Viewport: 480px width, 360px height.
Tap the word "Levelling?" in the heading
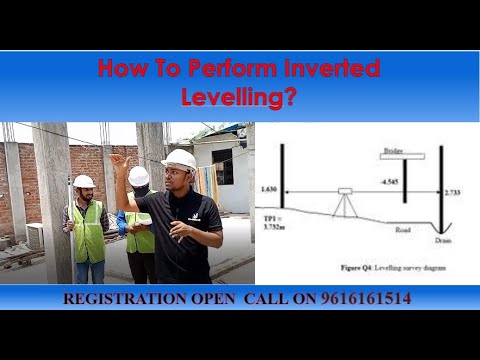click(239, 97)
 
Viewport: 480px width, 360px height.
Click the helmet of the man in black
click(180, 159)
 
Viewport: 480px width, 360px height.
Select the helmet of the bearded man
click(84, 182)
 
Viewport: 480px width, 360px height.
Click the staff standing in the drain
click(441, 190)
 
